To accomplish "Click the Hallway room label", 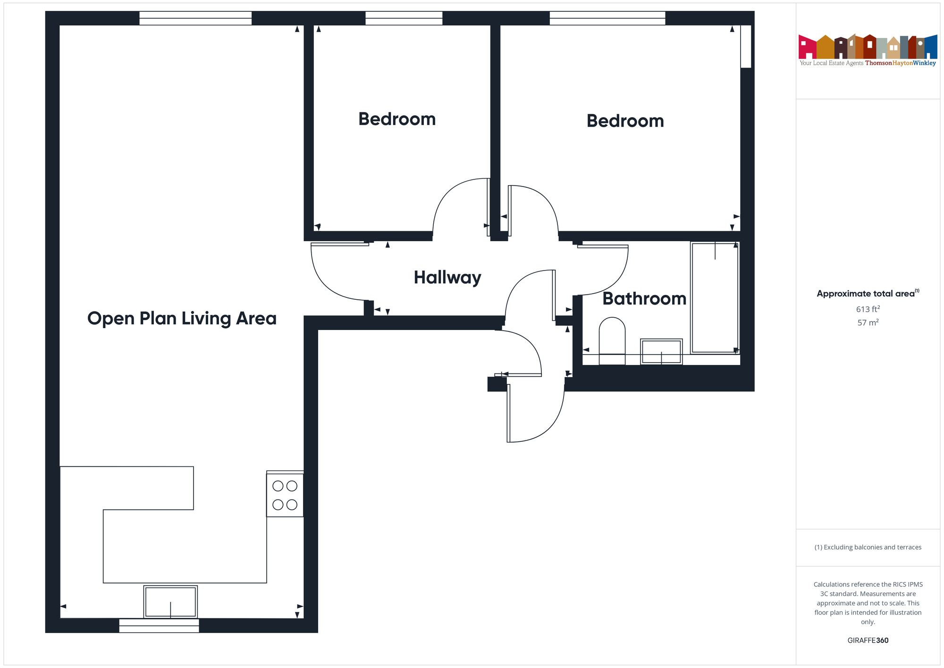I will pos(447,278).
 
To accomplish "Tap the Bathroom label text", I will pos(644,299).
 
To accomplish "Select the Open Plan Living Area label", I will pos(182,319).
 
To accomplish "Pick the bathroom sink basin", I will pos(661,352).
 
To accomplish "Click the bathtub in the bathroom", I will pos(715,297).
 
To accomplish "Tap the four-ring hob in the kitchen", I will pos(285,495).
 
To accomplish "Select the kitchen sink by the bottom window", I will pos(170,602).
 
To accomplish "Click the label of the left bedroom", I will pos(397,119).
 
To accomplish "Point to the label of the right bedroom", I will pos(625,121).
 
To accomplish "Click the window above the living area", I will pos(195,18).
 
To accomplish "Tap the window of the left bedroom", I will pos(404,18).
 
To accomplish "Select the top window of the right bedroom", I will pos(607,18).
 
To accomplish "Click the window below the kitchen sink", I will pos(159,626).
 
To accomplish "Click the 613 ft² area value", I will pos(868,309).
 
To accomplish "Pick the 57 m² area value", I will pos(868,323).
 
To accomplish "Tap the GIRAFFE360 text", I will pos(868,641).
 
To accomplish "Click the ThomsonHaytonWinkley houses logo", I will pos(868,47).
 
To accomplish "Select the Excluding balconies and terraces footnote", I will pos(868,548).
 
